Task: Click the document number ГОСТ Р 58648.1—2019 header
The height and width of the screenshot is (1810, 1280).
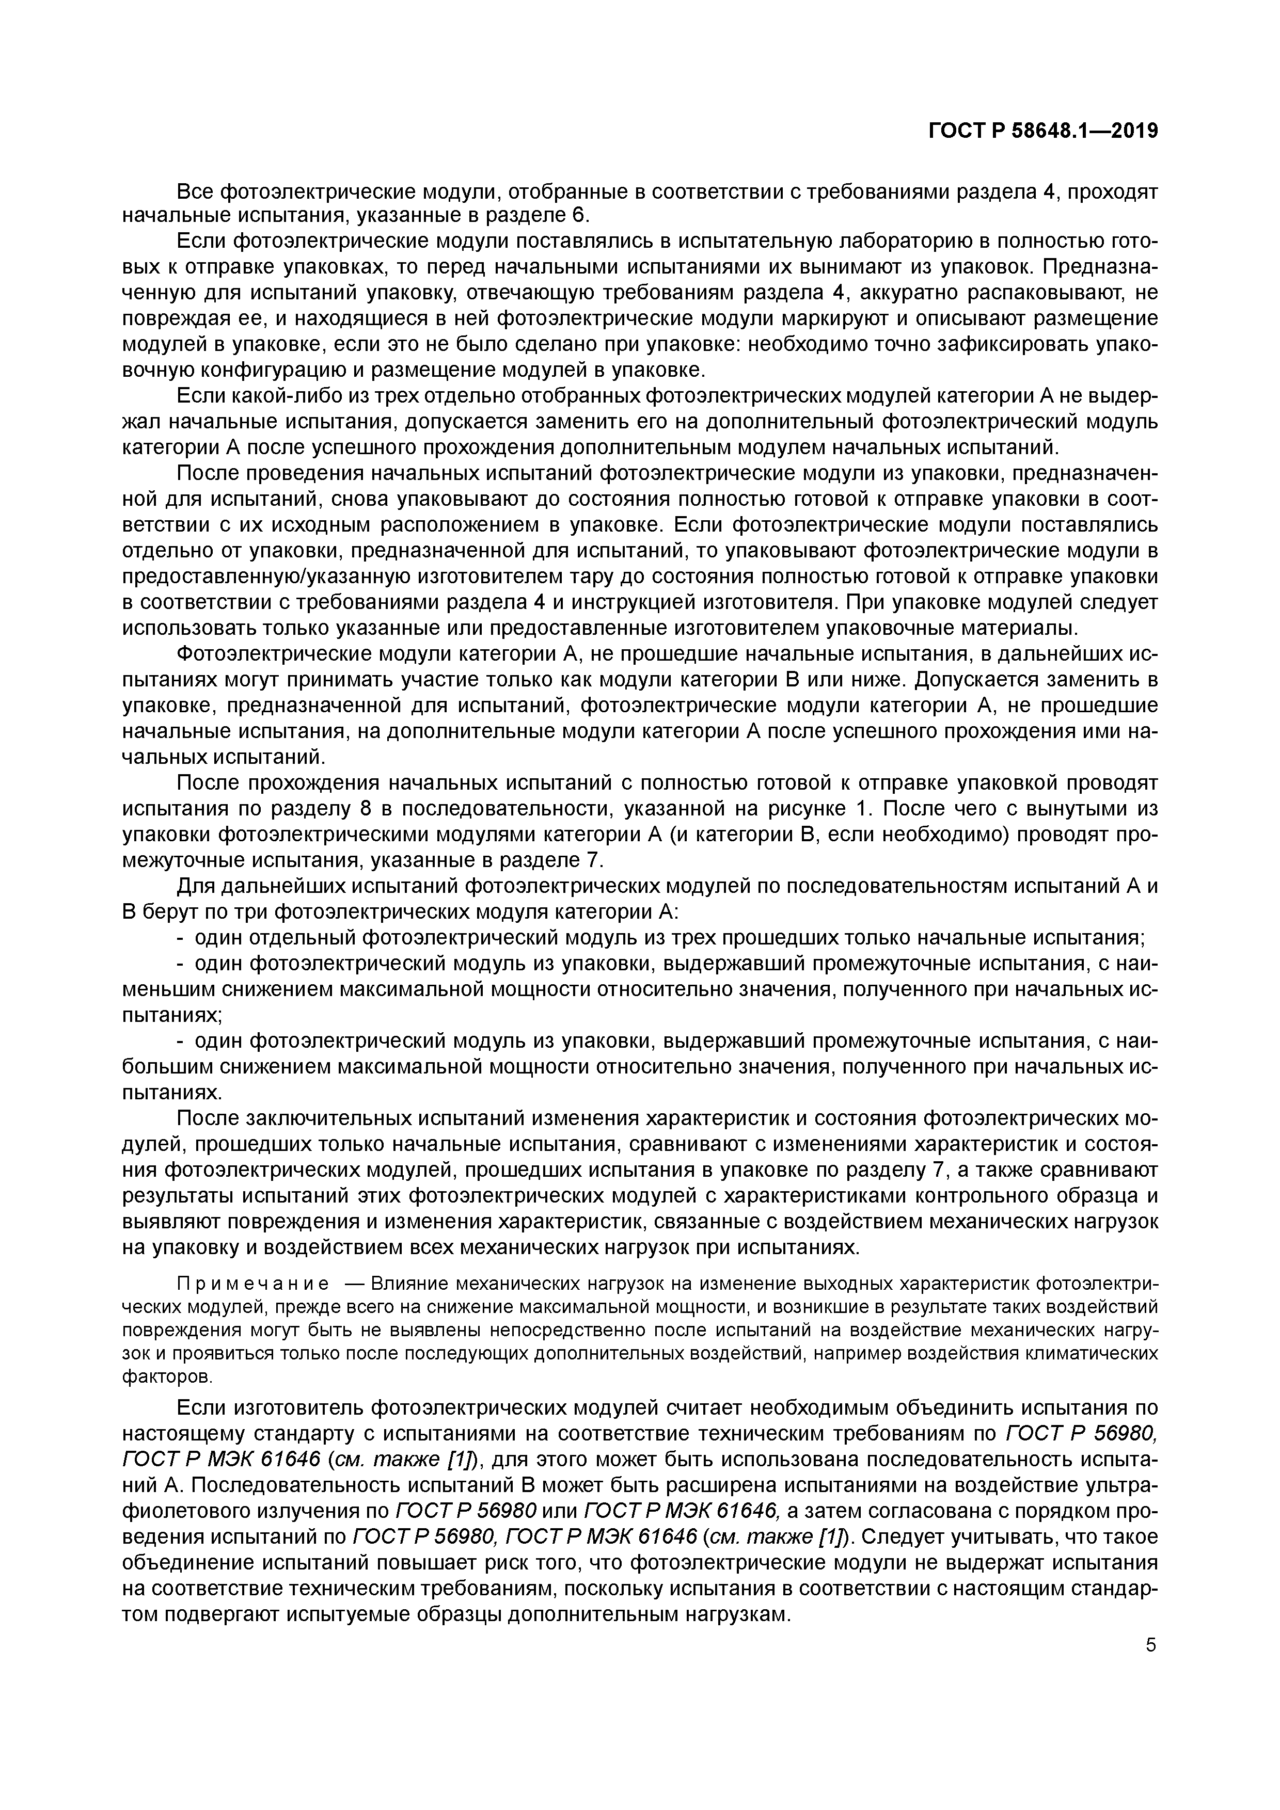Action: (1042, 131)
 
